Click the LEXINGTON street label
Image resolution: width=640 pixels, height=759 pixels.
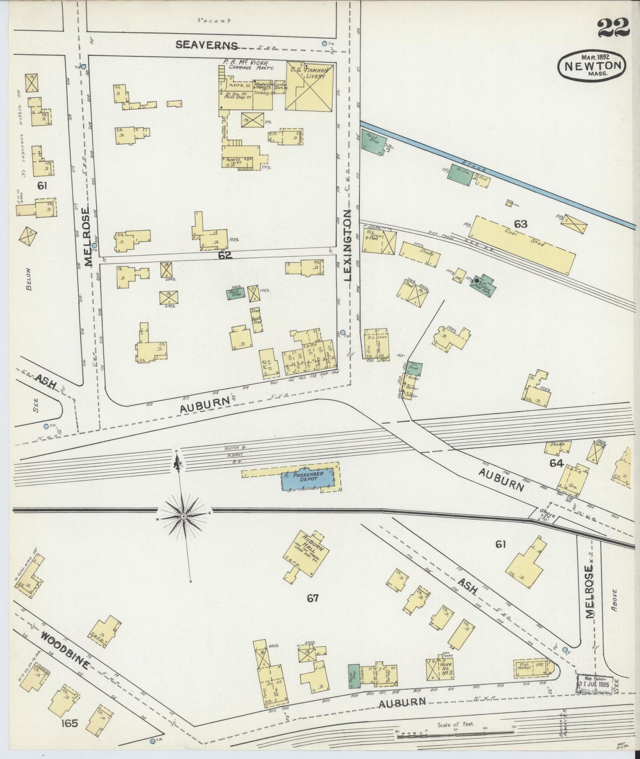pos(348,245)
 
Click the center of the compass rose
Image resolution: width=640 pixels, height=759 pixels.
pos(183,516)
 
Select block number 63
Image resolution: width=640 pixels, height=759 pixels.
pos(520,224)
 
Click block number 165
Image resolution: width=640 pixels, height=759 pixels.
pos(70,724)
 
